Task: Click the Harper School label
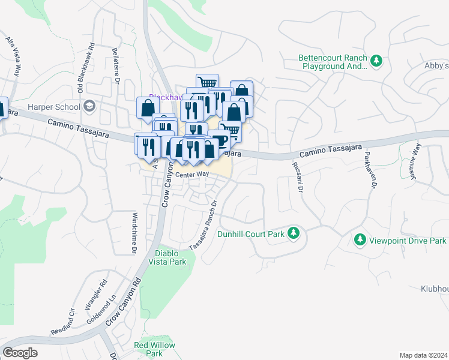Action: coord(53,107)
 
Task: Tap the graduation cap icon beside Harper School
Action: coord(89,107)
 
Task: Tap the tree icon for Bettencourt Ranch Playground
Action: coord(377,61)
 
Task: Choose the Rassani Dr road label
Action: coord(298,177)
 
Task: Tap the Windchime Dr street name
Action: coord(135,232)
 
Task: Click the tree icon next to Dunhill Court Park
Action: coord(293,233)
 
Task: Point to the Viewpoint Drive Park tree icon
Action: coord(360,240)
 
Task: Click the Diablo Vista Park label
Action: coord(171,257)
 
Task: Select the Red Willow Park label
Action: coord(154,349)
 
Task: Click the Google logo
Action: coord(20,353)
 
